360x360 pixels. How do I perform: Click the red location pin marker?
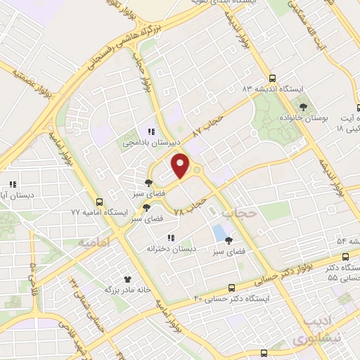click(181, 166)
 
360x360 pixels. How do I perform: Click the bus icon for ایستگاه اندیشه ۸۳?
click(273, 79)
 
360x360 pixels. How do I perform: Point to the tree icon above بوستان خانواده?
click(303, 107)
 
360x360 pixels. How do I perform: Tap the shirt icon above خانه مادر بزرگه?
click(127, 278)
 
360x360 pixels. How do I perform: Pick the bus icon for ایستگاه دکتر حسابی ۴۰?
click(231, 287)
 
